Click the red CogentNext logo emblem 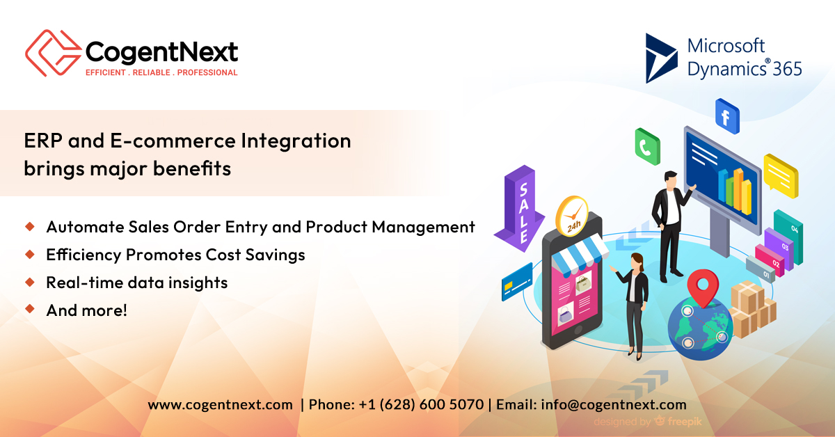point(51,53)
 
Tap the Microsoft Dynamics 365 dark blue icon point(661,58)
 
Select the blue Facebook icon point(726,117)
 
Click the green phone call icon point(646,147)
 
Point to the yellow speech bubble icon point(780,173)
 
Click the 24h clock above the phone point(572,215)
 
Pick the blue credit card point(517,281)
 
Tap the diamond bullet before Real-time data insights point(30,282)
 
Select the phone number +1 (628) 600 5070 point(421,404)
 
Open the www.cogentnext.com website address point(220,404)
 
